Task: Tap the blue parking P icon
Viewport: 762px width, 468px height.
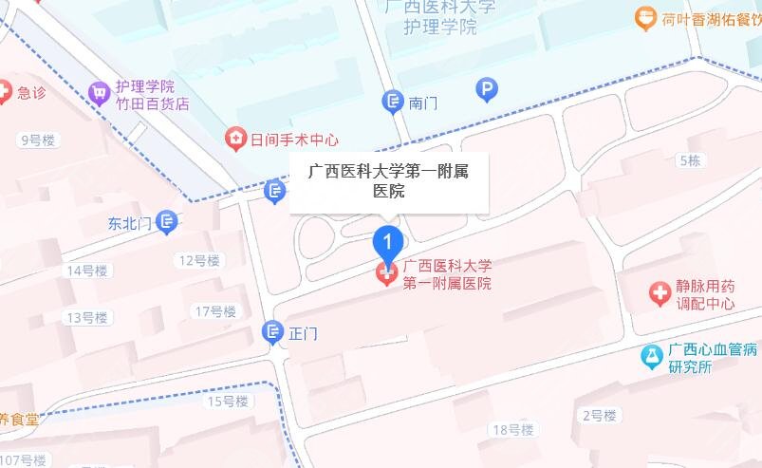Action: pos(487,90)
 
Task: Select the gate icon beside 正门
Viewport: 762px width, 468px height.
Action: pos(272,332)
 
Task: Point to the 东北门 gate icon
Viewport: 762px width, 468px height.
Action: pos(167,222)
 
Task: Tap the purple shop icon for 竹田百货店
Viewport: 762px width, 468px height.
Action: pos(98,93)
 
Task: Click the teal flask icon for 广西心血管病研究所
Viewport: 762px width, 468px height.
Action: pos(651,356)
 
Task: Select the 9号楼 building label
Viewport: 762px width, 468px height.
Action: pos(38,140)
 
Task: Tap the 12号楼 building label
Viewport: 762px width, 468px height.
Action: pos(198,260)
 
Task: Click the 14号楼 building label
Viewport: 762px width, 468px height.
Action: pos(86,271)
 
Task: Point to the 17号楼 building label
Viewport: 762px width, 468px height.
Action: pos(215,311)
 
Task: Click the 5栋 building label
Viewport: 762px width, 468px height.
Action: pos(690,161)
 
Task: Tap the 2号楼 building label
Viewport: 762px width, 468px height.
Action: pos(599,415)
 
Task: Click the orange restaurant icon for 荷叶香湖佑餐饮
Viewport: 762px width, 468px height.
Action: pos(645,17)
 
